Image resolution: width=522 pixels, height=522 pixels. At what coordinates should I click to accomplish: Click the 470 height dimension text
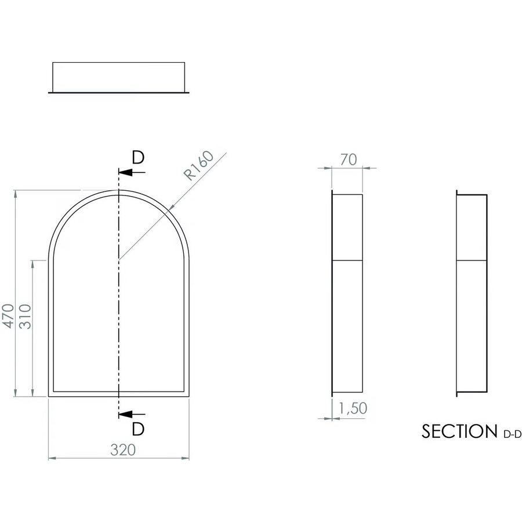(x=8, y=316)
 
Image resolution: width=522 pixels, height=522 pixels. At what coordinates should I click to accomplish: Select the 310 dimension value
(x=25, y=316)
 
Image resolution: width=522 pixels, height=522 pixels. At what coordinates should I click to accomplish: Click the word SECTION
(x=456, y=432)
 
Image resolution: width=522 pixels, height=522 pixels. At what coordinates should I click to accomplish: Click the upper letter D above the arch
(x=137, y=158)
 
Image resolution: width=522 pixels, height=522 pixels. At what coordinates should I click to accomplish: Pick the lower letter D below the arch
(x=137, y=429)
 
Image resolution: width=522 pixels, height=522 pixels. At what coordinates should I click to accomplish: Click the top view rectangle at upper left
(x=119, y=77)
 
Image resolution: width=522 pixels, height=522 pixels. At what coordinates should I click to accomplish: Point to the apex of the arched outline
(x=118, y=190)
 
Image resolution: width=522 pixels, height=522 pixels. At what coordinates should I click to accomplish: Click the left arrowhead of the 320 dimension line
(x=52, y=458)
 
